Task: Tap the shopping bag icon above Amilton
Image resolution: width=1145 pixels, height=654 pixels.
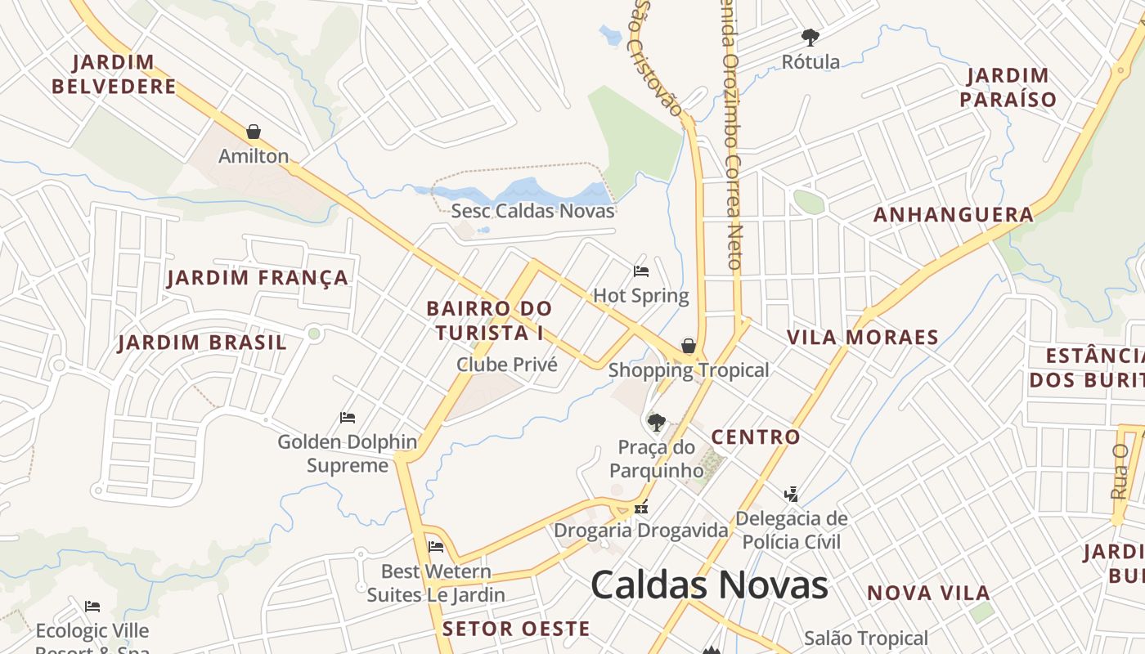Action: pyautogui.click(x=254, y=132)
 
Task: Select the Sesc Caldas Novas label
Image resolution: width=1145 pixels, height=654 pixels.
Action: pyautogui.click(x=532, y=211)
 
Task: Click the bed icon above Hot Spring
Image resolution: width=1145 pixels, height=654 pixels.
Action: pyautogui.click(x=641, y=271)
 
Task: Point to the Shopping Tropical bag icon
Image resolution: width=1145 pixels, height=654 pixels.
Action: pyautogui.click(x=689, y=346)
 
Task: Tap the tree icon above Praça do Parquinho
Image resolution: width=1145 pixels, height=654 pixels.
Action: pyautogui.click(x=656, y=423)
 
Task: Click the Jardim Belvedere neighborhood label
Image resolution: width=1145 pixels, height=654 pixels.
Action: pyautogui.click(x=114, y=74)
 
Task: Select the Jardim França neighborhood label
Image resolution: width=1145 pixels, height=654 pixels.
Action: pyautogui.click(x=258, y=278)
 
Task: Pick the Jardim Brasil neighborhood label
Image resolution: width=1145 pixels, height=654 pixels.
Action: pyautogui.click(x=202, y=343)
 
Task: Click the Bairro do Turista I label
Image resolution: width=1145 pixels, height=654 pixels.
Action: pyautogui.click(x=489, y=321)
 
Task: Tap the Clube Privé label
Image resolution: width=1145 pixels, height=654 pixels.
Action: pyautogui.click(x=507, y=365)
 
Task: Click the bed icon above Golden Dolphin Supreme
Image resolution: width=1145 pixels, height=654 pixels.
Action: pyautogui.click(x=348, y=418)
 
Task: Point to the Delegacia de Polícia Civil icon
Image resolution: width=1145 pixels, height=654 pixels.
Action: pyautogui.click(x=791, y=494)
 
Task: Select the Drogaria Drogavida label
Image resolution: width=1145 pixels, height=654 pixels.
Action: pyautogui.click(x=641, y=531)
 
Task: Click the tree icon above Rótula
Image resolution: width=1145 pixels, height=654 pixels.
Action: pyautogui.click(x=810, y=37)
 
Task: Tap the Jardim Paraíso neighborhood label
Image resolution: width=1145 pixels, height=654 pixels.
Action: pyautogui.click(x=1008, y=87)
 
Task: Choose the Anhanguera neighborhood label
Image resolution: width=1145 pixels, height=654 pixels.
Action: pyautogui.click(x=954, y=215)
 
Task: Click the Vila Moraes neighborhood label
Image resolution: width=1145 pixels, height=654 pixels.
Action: pyautogui.click(x=862, y=338)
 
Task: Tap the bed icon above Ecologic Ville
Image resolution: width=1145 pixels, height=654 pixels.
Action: pyautogui.click(x=92, y=607)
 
